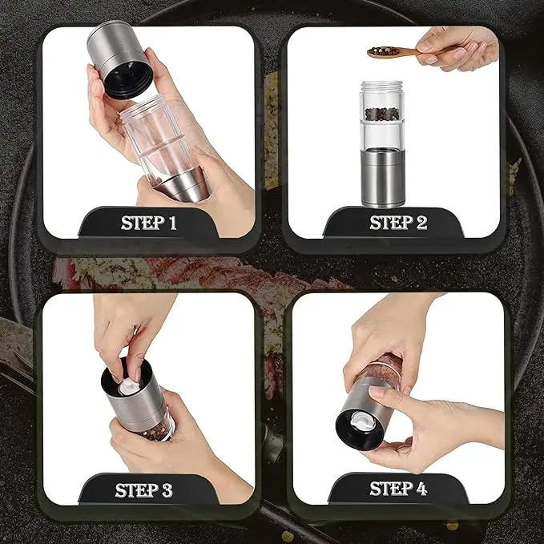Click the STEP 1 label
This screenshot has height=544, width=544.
[x=148, y=223]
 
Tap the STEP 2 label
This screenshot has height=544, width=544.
[x=398, y=223]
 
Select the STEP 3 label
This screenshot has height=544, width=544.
[x=143, y=490]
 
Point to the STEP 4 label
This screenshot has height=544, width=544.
[x=398, y=489]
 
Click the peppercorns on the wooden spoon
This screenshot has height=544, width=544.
[x=379, y=51]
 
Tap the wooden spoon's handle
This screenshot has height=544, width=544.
[x=406, y=53]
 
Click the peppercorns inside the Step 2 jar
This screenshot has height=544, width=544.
[x=381, y=114]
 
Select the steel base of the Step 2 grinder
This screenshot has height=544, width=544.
[x=381, y=179]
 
